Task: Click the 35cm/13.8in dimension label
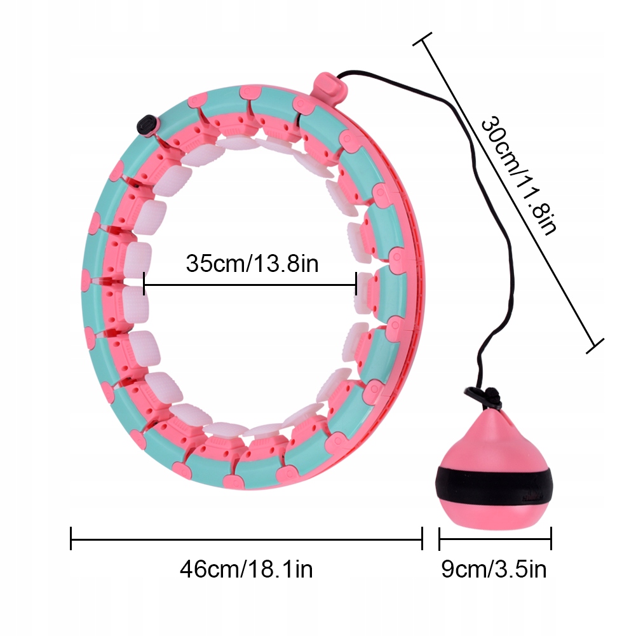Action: point(252,263)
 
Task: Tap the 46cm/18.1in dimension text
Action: point(247,569)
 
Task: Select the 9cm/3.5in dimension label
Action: point(494,569)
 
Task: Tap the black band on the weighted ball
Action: point(493,485)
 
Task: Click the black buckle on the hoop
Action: point(146,125)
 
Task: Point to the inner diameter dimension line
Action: point(250,285)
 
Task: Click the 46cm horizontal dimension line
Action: point(247,539)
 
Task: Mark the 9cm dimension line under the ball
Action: point(495,539)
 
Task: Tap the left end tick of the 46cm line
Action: point(71,539)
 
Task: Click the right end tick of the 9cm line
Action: point(551,539)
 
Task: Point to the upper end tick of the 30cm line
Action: point(423,39)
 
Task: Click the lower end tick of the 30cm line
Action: point(595,346)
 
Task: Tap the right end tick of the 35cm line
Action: point(356,284)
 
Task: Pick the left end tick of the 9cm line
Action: point(440,539)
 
